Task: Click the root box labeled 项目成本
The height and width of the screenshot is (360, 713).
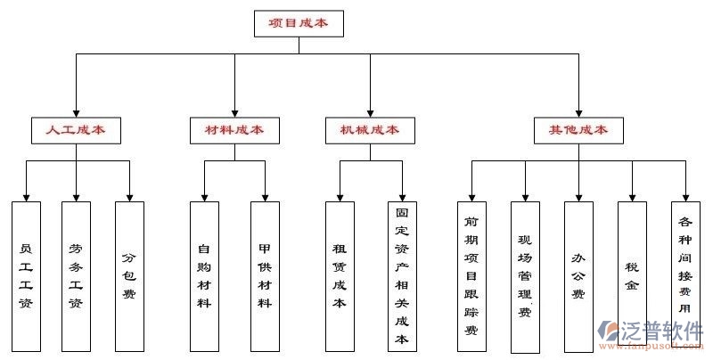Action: coord(299,23)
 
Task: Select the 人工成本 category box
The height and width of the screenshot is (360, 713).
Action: coord(76,130)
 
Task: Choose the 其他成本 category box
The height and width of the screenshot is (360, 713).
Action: coord(578,130)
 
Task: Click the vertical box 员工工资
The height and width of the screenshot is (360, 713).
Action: coord(26,275)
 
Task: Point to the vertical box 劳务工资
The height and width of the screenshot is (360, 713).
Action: coord(76,275)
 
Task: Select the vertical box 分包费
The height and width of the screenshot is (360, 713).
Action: coord(129,275)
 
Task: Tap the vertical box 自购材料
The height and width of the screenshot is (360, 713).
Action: coord(204,275)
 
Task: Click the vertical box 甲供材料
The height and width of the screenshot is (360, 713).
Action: coord(265,275)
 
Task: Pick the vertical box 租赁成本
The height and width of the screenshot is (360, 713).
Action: coord(340,275)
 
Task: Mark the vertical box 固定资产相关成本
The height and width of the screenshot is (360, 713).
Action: coord(402,275)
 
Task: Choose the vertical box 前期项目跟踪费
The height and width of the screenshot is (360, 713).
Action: coord(471,275)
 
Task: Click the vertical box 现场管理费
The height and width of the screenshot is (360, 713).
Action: coord(525,275)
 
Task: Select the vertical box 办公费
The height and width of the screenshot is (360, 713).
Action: coord(578,275)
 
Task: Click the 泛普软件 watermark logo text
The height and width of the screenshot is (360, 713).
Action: coord(663,329)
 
